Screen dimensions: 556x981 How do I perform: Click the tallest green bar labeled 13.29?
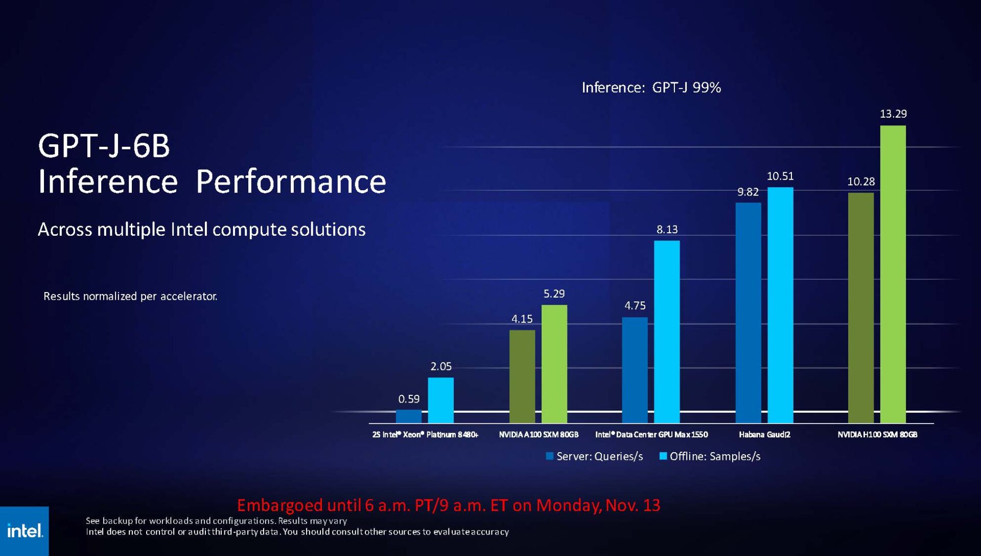point(893,274)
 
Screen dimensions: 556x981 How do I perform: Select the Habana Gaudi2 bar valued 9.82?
point(748,312)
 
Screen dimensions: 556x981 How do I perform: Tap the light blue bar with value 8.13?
point(667,331)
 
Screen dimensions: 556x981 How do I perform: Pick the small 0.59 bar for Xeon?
point(409,416)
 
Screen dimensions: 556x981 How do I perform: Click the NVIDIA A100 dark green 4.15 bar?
point(522,376)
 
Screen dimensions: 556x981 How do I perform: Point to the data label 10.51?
point(780,176)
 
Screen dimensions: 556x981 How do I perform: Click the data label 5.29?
point(554,294)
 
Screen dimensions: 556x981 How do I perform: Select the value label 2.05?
point(440,367)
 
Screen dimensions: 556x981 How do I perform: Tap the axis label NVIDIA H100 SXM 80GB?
point(877,435)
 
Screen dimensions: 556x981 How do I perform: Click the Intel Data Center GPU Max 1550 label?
point(651,435)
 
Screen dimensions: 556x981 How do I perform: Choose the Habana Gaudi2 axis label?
point(764,435)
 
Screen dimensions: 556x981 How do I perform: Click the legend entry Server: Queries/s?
point(594,456)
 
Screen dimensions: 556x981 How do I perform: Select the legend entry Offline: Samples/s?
point(710,456)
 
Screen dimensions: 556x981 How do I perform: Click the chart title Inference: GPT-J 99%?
point(651,88)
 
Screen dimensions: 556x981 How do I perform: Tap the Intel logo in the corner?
point(25,531)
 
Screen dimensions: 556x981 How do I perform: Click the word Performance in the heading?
point(291,182)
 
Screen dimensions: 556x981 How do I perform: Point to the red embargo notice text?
point(448,505)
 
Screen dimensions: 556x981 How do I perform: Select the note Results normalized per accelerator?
point(130,297)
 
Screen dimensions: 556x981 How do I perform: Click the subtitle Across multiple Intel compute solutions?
point(201,230)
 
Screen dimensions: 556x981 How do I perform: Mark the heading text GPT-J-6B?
point(104,146)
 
